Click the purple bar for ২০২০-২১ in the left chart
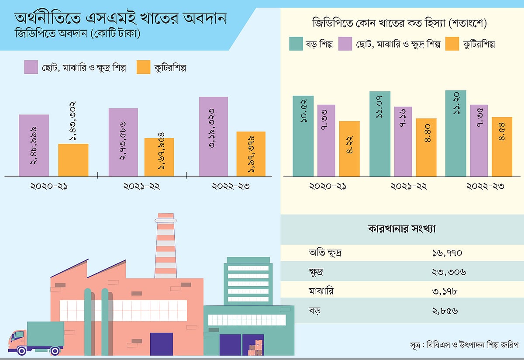click(34, 145)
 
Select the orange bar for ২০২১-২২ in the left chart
click(159, 157)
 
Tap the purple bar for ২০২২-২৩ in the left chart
click(214, 136)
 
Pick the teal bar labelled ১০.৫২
click(303, 136)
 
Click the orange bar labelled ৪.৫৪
click(502, 147)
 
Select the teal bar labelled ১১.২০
click(456, 133)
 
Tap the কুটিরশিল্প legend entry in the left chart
click(162, 68)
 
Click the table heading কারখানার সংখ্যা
click(402, 228)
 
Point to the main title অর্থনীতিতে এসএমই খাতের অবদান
click(121, 19)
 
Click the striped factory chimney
click(165, 245)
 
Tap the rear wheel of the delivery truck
click(55, 350)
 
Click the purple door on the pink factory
click(161, 344)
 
